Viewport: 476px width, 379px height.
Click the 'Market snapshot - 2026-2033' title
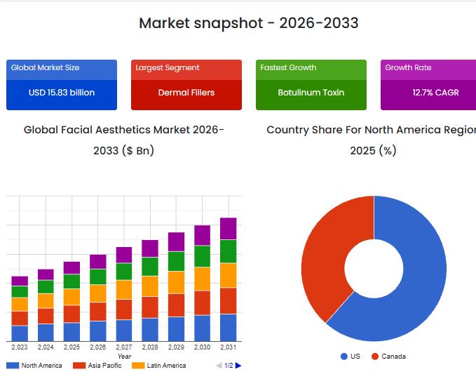[x=248, y=23]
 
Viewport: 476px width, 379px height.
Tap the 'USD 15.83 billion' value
[x=62, y=93]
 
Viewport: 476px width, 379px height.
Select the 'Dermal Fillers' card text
[x=186, y=93]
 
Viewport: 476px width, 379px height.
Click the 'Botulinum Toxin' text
[x=311, y=93]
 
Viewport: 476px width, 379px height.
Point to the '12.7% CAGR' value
[x=435, y=93]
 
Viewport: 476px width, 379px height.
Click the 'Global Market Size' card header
[x=46, y=68]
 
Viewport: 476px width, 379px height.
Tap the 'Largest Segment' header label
[x=168, y=68]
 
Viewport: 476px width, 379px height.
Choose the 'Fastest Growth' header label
[x=288, y=68]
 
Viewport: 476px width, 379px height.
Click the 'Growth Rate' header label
[x=408, y=68]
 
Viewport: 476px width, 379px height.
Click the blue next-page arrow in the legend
[x=238, y=366]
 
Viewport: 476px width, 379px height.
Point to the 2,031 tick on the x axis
[x=228, y=347]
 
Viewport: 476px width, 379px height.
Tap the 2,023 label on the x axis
[x=20, y=347]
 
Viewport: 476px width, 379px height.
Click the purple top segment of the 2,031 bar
[x=228, y=228]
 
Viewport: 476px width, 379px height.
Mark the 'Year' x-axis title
[x=124, y=357]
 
